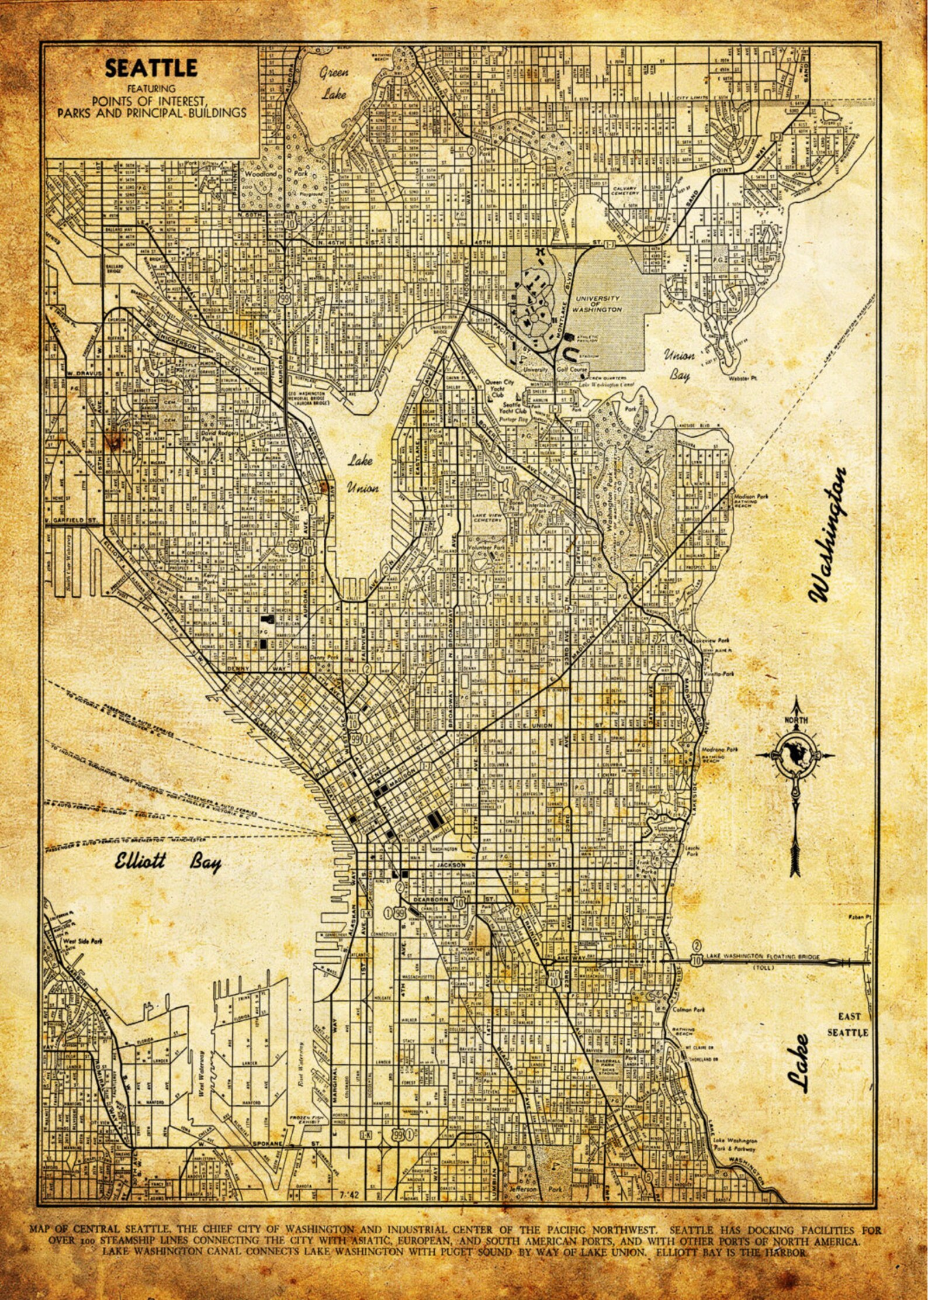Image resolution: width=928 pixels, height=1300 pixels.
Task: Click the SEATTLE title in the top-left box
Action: click(151, 68)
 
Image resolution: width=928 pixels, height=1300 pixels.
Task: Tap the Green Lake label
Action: click(334, 82)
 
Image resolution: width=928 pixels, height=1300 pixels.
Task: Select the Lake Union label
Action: click(362, 474)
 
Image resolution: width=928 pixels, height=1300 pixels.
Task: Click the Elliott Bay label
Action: click(167, 862)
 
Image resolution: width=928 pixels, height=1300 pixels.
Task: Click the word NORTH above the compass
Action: click(795, 720)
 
